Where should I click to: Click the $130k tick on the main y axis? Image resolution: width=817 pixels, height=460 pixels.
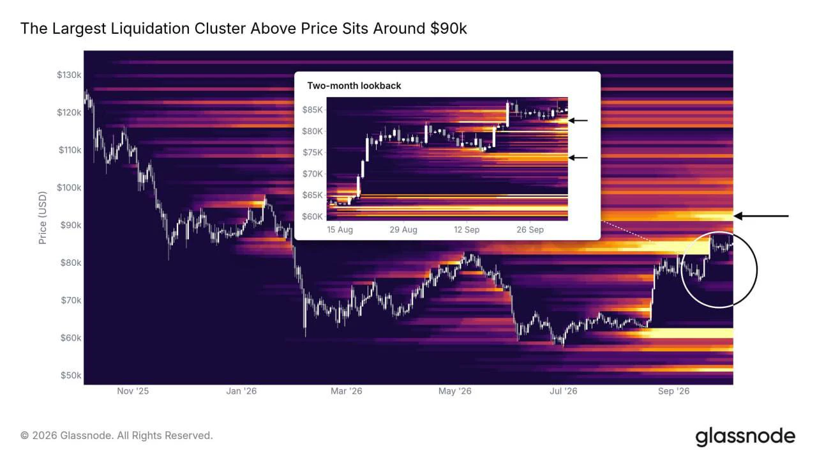click(x=69, y=75)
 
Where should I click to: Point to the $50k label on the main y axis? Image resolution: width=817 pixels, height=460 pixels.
click(x=71, y=375)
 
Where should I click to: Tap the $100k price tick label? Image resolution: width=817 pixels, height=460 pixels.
click(x=69, y=188)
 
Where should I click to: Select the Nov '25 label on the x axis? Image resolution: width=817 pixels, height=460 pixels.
click(x=133, y=391)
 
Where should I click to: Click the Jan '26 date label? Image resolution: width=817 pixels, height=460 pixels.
click(x=241, y=391)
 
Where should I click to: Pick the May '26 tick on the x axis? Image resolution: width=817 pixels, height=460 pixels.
click(x=455, y=391)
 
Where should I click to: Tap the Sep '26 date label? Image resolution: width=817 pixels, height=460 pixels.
click(x=673, y=391)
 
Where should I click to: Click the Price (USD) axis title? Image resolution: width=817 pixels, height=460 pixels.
click(x=43, y=218)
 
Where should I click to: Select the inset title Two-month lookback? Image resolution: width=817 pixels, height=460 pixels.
click(x=354, y=86)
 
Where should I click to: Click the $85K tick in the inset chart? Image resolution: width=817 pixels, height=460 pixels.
click(x=312, y=109)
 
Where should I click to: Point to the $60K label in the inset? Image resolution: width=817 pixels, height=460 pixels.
click(x=312, y=217)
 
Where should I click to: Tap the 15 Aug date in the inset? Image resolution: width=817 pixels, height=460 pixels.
click(x=340, y=229)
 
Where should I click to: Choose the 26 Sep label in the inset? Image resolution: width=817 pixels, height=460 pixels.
click(x=530, y=229)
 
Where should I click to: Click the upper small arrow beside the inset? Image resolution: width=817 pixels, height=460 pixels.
click(x=578, y=120)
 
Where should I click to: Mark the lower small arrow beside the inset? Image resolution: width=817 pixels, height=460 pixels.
click(x=578, y=158)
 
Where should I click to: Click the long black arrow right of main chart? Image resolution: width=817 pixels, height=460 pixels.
click(x=761, y=216)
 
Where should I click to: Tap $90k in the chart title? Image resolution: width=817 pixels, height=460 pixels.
click(x=448, y=29)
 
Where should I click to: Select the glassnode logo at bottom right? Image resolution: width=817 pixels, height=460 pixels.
click(x=745, y=437)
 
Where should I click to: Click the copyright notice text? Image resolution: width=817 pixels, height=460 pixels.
click(x=116, y=436)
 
